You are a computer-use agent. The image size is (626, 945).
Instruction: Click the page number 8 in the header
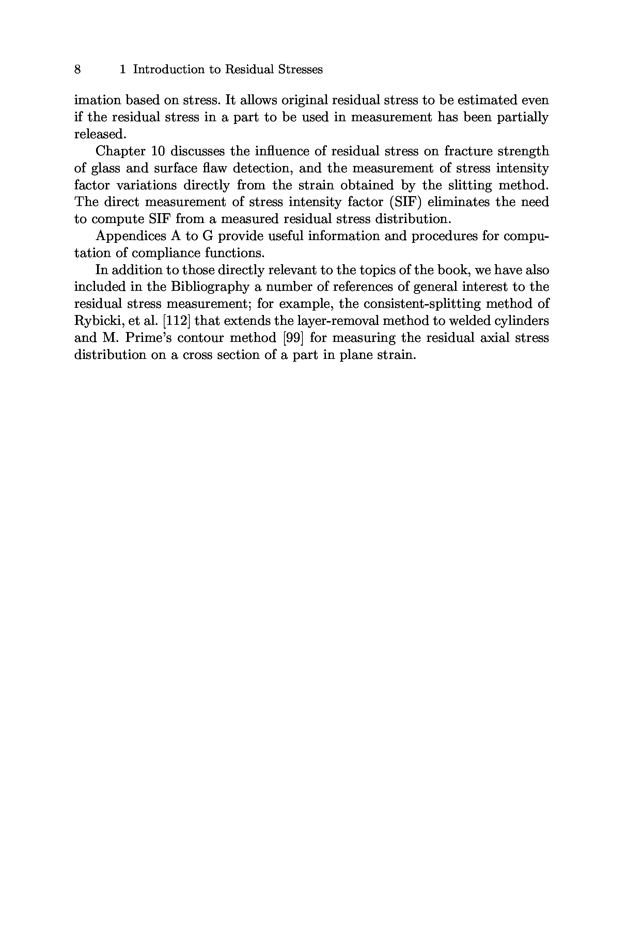77,69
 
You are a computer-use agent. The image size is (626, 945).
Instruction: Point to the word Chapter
120,151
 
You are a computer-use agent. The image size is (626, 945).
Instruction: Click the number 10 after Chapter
158,151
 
